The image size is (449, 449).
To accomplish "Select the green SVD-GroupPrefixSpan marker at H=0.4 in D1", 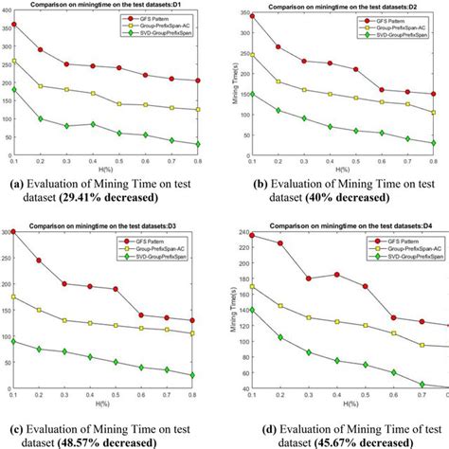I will point(93,124).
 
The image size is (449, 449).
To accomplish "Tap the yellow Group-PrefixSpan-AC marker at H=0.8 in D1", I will point(196,110).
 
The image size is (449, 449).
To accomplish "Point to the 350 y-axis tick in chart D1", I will point(5,27).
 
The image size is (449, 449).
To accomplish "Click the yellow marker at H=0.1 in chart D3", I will point(13,296).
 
